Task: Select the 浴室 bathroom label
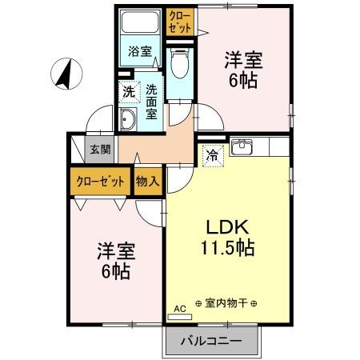(x=140, y=52)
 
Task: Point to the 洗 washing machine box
(x=128, y=91)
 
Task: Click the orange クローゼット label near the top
(x=179, y=21)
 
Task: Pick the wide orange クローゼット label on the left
(x=100, y=180)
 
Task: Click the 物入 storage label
(x=148, y=180)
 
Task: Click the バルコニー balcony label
(x=213, y=342)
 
